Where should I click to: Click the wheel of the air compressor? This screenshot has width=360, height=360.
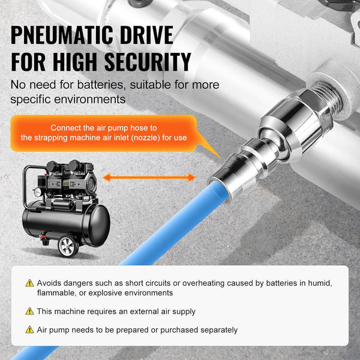click(x=68, y=245)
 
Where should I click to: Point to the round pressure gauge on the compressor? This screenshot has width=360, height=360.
click(x=38, y=193)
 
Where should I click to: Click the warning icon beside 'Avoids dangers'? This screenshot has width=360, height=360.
click(x=29, y=283)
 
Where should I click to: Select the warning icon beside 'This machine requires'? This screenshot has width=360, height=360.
click(x=29, y=311)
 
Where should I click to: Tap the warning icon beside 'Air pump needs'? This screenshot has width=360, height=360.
click(x=29, y=329)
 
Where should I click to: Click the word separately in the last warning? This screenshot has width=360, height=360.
click(x=218, y=329)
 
